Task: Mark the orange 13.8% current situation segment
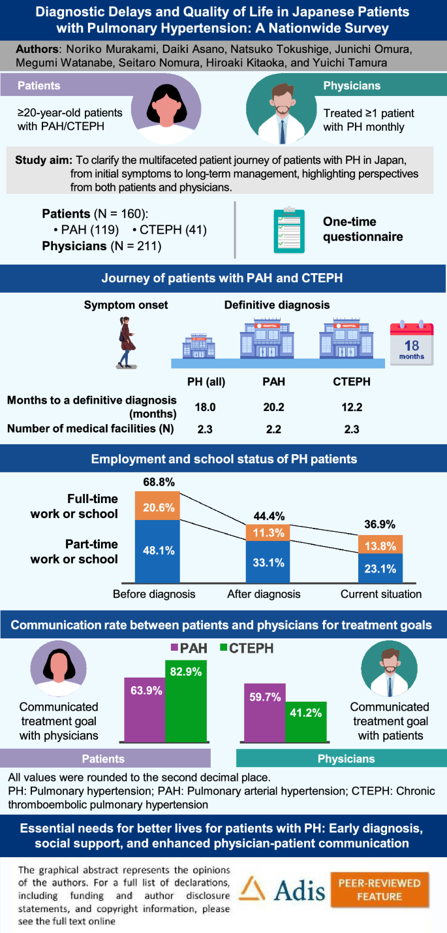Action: coord(380,544)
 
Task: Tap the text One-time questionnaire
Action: coord(362,229)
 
